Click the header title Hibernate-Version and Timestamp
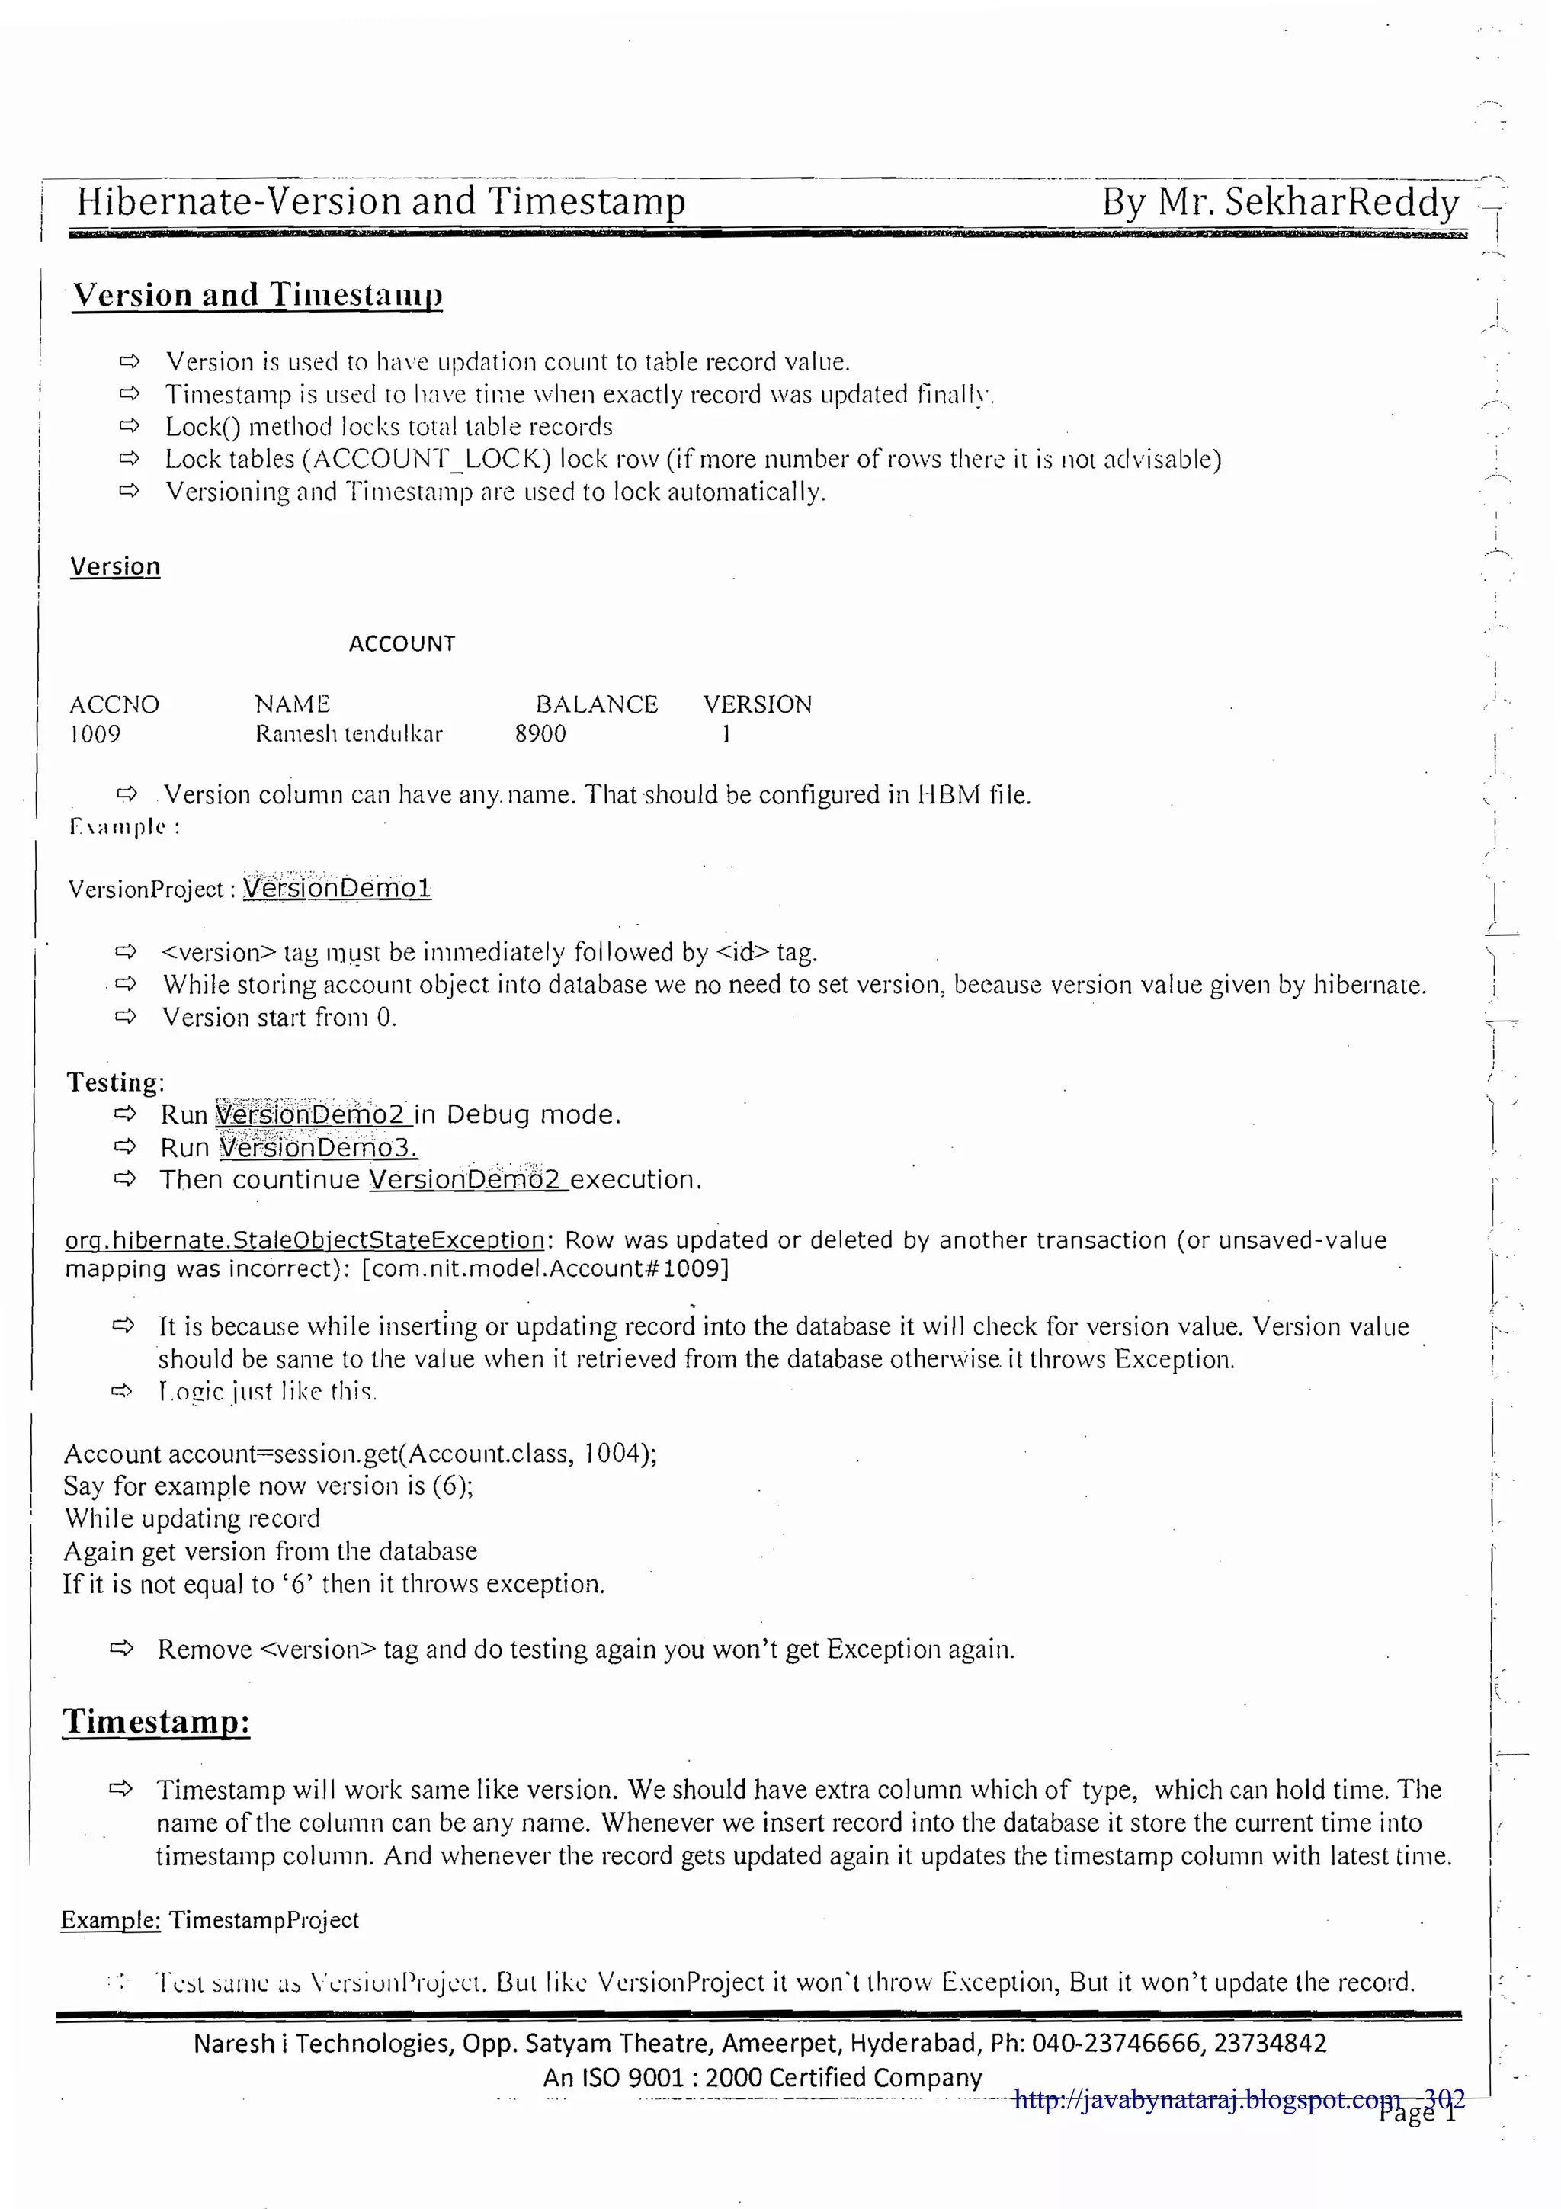(381, 202)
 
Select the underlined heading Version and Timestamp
(258, 294)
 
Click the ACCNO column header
(114, 704)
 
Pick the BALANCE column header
(596, 704)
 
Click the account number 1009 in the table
(95, 734)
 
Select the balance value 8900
(540, 734)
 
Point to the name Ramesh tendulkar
(348, 734)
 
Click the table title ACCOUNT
(402, 643)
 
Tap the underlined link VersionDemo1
(337, 888)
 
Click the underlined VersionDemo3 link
(317, 1148)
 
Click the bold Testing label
(114, 1082)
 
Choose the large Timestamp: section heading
(155, 1721)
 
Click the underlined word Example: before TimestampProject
(110, 1920)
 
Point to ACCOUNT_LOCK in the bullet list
(426, 459)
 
